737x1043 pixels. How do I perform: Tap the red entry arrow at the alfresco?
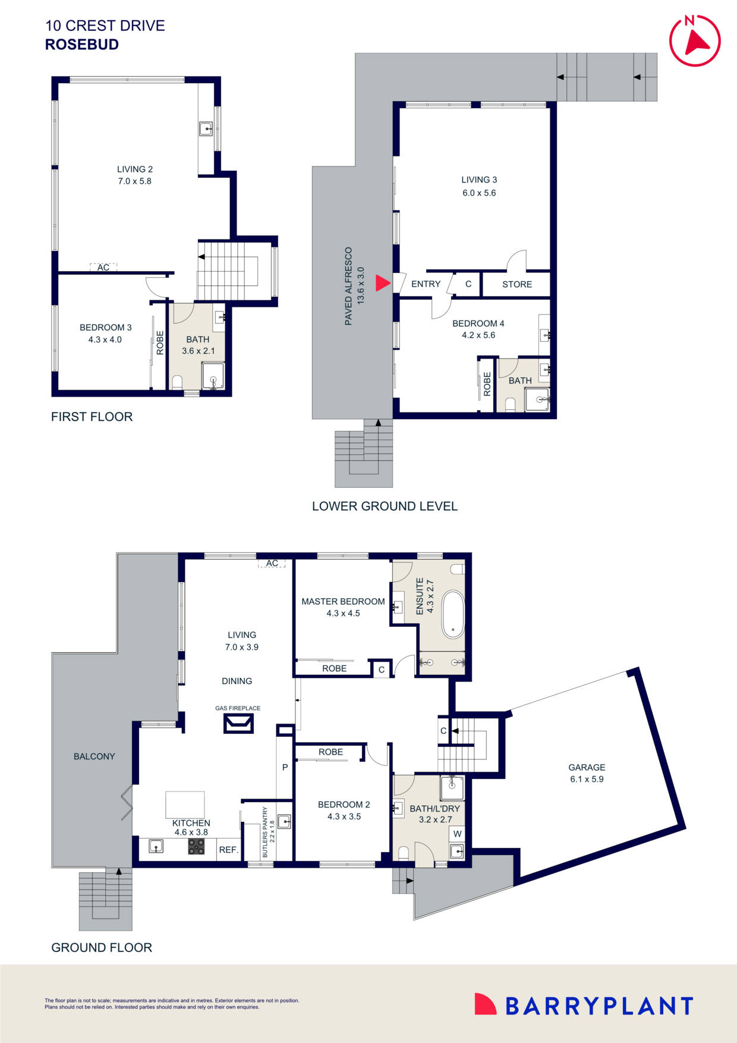click(x=383, y=283)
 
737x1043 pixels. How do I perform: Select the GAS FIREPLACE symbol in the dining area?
click(x=238, y=723)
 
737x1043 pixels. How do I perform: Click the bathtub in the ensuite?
click(x=453, y=614)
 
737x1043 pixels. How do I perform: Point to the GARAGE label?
click(x=586, y=767)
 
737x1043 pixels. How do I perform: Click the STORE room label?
click(x=516, y=284)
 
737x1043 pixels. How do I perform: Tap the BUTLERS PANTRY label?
click(x=265, y=832)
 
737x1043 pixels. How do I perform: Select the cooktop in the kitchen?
click(x=196, y=846)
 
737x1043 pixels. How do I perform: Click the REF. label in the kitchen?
click(x=228, y=850)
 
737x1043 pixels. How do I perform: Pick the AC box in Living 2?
click(x=103, y=268)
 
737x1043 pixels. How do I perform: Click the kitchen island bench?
click(x=185, y=805)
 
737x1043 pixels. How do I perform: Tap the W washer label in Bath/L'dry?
click(x=457, y=834)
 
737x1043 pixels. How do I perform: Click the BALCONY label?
click(x=94, y=756)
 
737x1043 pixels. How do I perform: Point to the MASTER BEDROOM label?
click(x=343, y=601)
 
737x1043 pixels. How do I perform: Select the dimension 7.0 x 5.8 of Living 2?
click(x=134, y=181)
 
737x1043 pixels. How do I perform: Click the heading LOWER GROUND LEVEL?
click(x=385, y=506)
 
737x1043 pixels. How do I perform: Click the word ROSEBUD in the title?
click(x=82, y=45)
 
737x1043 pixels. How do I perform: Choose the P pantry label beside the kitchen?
click(x=285, y=767)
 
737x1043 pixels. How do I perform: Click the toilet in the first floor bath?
click(x=177, y=381)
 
